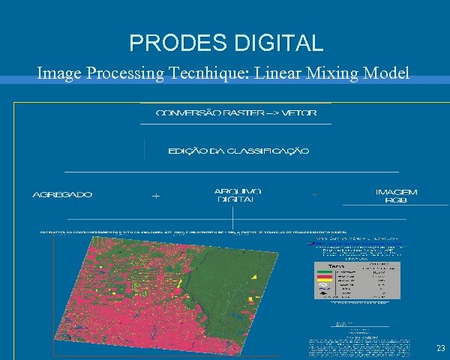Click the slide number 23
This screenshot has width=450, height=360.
(x=440, y=348)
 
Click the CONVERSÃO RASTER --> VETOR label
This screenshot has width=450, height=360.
(x=235, y=113)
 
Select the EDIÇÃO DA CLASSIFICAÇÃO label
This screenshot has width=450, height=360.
(x=238, y=151)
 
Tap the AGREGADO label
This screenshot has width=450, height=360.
(x=62, y=195)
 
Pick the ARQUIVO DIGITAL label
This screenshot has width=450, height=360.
(x=237, y=195)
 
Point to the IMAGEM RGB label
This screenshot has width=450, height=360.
(x=396, y=196)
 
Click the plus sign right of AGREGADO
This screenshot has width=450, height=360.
(x=156, y=196)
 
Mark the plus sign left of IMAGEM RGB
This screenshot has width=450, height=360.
(x=313, y=195)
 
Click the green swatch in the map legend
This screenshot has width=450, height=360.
(x=325, y=271)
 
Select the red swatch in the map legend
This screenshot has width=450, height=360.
(x=325, y=276)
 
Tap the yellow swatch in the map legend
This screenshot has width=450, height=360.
(x=325, y=280)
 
